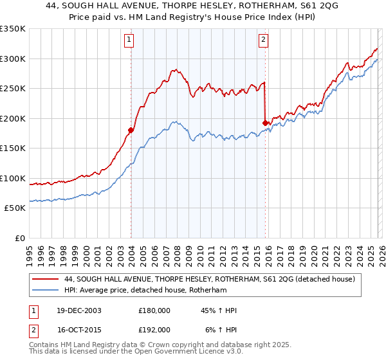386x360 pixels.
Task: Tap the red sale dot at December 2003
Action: tap(131, 130)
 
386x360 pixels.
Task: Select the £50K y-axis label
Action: tap(15, 208)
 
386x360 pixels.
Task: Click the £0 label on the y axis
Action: tap(19, 238)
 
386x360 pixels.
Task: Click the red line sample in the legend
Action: tap(45, 279)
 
